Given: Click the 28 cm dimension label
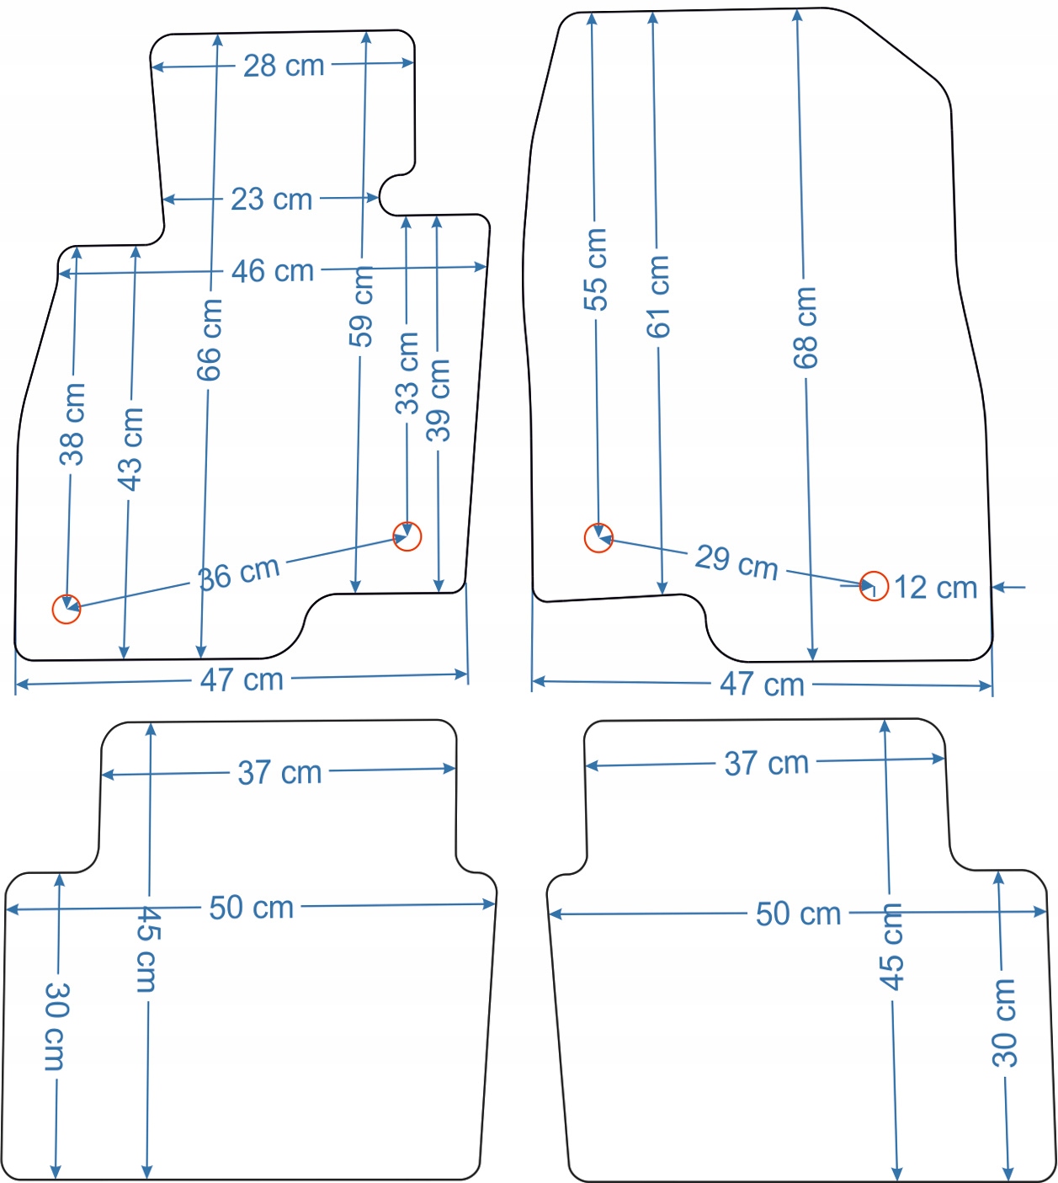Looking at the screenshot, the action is [x=284, y=66].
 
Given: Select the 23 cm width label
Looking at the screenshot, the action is [x=271, y=200].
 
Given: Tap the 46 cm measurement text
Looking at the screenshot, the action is [x=273, y=271].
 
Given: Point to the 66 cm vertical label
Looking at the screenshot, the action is [x=209, y=339].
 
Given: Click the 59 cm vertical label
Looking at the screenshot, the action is [x=362, y=307].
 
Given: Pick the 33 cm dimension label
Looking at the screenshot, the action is [x=407, y=372].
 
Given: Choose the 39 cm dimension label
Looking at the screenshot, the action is [x=439, y=400].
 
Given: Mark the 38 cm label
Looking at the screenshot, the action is [x=72, y=424].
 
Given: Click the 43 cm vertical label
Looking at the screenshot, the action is [x=130, y=449].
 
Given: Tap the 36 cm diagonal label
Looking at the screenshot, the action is [x=239, y=574].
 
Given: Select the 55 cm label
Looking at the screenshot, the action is [x=595, y=269].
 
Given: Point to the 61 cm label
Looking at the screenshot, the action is [x=658, y=296].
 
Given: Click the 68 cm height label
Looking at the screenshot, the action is [x=805, y=327].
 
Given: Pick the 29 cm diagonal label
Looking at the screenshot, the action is [x=736, y=562].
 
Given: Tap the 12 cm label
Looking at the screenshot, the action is [x=935, y=588].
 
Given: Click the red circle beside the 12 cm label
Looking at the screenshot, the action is [x=874, y=586].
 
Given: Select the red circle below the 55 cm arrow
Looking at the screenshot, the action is [x=598, y=538].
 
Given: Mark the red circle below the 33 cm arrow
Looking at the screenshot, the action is [x=407, y=536].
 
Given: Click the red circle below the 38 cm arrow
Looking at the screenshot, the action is [x=66, y=609].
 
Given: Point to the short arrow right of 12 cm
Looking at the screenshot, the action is [x=1009, y=587].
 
